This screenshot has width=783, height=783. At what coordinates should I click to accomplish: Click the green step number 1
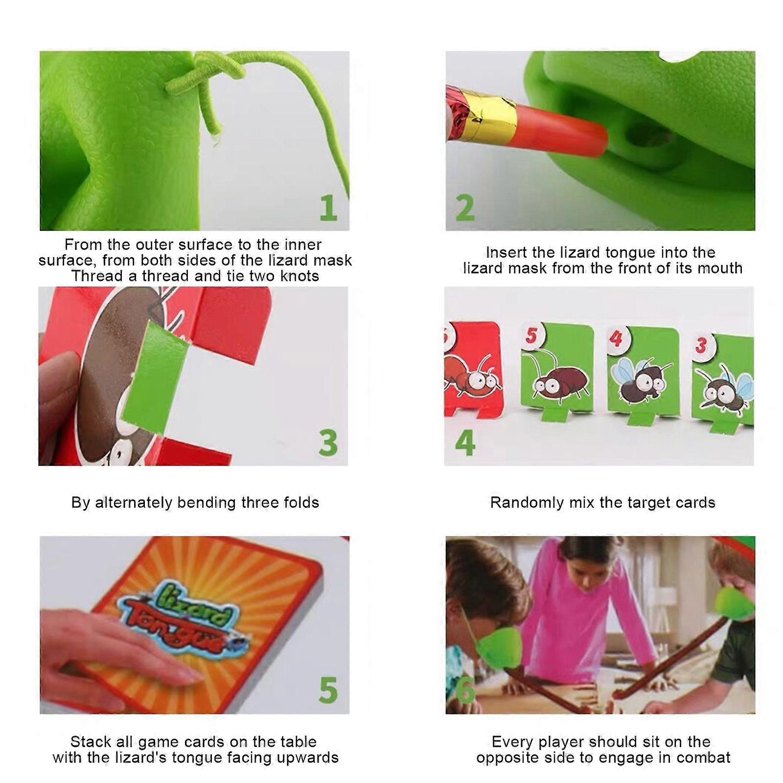click(329, 208)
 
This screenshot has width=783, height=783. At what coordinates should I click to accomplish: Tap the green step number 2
click(465, 208)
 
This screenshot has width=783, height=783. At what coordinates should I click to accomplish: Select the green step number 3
click(328, 443)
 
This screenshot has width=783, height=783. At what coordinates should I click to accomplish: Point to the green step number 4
click(465, 443)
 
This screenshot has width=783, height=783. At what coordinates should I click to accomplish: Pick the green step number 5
click(328, 691)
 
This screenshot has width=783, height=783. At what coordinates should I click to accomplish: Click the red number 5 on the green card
click(531, 336)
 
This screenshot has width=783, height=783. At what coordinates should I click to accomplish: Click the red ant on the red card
click(472, 374)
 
